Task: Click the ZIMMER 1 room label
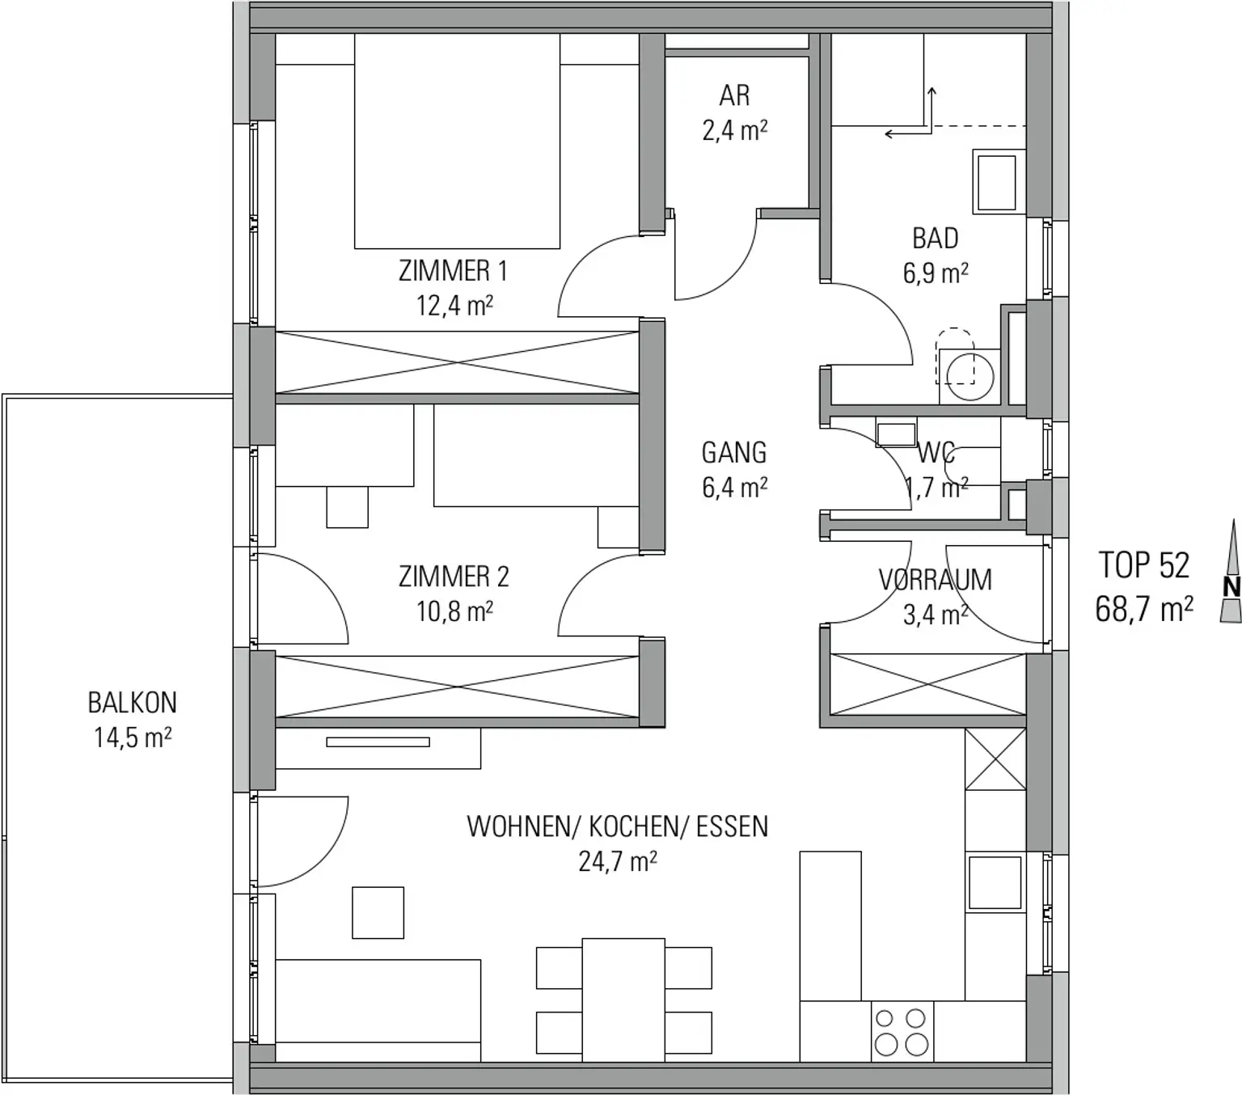coord(453,271)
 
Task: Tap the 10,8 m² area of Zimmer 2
coord(455,611)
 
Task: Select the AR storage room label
coord(734,95)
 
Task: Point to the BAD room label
coord(936,239)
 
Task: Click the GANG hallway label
coord(734,453)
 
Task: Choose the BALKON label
coord(133,703)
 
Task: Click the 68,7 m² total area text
coord(1144,609)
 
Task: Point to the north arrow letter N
coord(1231,587)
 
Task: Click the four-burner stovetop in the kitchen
coord(902,1032)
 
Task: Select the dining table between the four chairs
coord(623,1000)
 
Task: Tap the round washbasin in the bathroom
coord(970,376)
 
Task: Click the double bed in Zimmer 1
coord(458,141)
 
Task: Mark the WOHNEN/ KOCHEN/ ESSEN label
coord(617,827)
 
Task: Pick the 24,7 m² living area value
coord(617,861)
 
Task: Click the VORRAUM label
coord(936,580)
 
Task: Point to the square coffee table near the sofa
coord(378,912)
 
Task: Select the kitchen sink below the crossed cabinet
coord(995,883)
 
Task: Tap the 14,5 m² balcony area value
coord(133,738)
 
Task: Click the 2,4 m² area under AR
coord(734,130)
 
